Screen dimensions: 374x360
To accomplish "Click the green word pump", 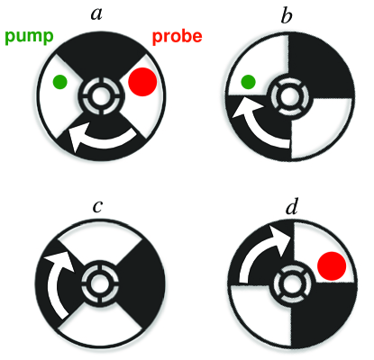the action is [29, 37].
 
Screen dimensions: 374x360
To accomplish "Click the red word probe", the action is [178, 37].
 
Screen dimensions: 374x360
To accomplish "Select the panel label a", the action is [96, 14].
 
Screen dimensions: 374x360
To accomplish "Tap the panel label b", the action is [287, 15].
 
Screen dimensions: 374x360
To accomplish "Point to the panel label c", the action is [98, 206].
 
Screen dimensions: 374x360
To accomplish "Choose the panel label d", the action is [291, 206].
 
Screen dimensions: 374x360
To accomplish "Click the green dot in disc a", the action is [59, 82].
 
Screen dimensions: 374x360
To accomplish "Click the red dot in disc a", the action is [142, 82].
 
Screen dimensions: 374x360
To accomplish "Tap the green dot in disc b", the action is [248, 82].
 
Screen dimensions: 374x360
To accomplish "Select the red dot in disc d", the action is [332, 266].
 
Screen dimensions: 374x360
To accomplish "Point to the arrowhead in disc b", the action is [247, 107].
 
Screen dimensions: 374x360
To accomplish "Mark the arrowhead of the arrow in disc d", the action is [279, 240].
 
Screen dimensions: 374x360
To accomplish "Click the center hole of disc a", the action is [101, 96].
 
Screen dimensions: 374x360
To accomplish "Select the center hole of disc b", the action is [288, 96].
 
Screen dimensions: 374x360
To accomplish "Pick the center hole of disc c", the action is [100, 283].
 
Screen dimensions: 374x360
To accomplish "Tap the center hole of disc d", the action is [288, 283].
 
